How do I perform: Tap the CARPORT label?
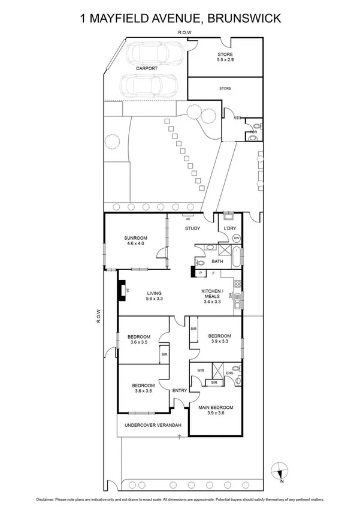pos(146,68)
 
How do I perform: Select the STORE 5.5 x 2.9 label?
pos(225,57)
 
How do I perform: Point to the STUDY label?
pos(192,228)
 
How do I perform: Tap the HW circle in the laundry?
pos(236,239)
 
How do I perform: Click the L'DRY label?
pos(229,228)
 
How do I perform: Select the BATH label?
pos(217,261)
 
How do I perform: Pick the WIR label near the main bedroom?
pos(200,371)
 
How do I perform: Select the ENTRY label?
pos(180,391)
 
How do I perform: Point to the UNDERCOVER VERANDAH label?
pos(152,426)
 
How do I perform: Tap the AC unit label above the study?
pos(188,219)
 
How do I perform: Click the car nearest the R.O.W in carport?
pos(153,54)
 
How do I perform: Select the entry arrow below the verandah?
pos(179,437)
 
